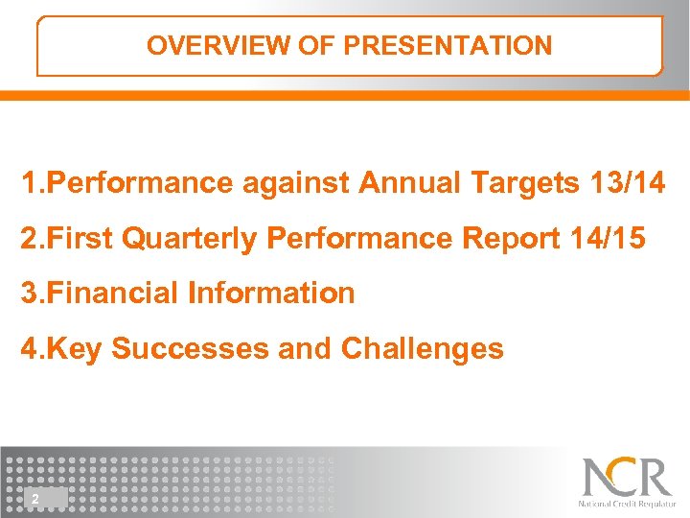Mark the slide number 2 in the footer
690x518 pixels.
[x=34, y=498]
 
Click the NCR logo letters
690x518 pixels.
[x=627, y=477]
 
